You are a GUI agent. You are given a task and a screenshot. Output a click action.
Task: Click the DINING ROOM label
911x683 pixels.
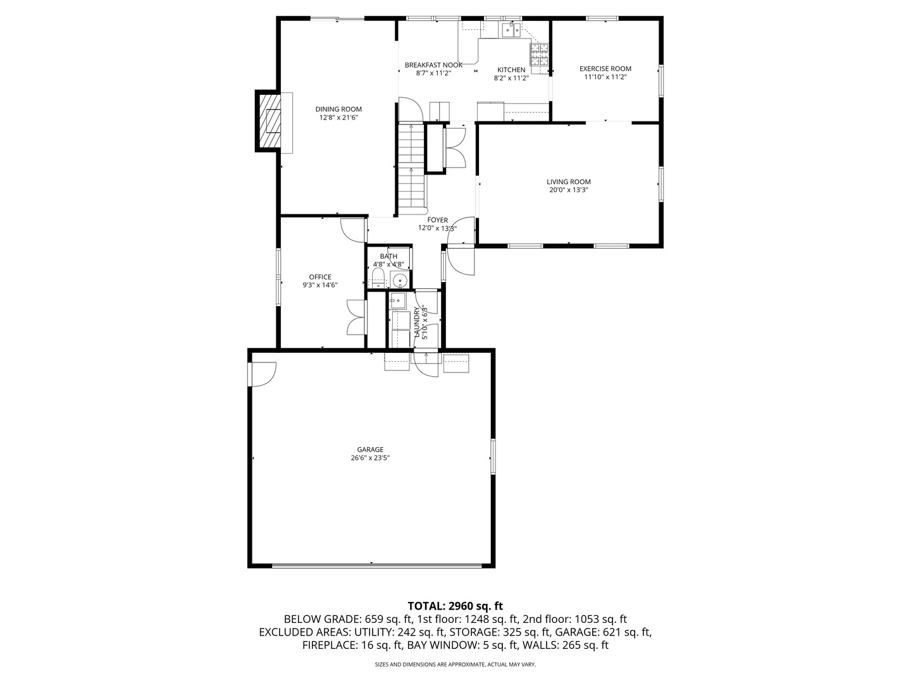click(338, 109)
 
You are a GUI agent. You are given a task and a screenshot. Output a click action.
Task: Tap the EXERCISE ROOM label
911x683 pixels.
click(605, 68)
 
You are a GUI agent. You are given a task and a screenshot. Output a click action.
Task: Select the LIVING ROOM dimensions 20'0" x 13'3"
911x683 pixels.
click(568, 190)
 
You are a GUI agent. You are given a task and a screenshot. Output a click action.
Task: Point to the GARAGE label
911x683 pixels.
click(370, 450)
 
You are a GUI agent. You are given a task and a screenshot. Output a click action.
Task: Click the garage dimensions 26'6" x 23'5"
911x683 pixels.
click(370, 458)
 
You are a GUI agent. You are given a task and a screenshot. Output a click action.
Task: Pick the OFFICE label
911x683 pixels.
click(320, 277)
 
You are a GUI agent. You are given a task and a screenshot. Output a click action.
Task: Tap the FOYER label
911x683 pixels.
click(437, 220)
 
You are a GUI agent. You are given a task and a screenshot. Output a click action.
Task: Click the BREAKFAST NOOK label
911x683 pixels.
click(433, 65)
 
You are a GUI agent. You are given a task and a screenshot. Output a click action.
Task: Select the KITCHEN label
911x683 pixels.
click(511, 70)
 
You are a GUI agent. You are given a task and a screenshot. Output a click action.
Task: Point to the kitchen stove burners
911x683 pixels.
click(539, 55)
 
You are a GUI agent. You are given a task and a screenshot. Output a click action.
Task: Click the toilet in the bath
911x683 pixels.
click(378, 278)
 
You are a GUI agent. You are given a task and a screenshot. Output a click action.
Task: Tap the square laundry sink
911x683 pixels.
click(397, 300)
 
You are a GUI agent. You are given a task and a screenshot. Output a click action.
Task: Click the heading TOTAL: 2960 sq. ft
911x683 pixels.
click(455, 606)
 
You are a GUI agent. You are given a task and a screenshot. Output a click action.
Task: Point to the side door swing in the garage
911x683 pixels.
click(264, 374)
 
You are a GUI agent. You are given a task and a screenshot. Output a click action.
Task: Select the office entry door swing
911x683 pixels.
click(353, 230)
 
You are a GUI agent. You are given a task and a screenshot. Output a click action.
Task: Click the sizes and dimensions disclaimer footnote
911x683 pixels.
click(455, 664)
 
